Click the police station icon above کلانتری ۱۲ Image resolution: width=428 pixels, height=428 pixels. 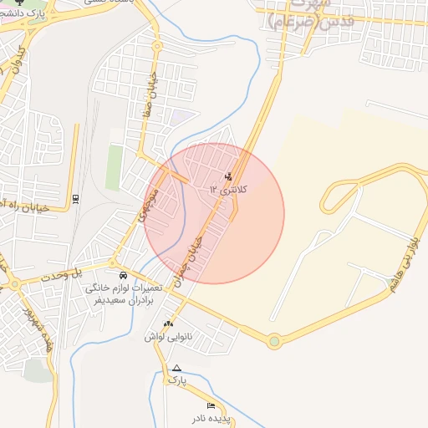(229, 176)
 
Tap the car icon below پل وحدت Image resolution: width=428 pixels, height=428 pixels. (123, 275)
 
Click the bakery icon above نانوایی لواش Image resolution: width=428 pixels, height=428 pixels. (169, 324)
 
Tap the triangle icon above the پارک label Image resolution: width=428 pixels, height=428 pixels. (176, 368)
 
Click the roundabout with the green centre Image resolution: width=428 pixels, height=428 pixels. (274, 340)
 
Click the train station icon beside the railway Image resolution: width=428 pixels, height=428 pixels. (76, 197)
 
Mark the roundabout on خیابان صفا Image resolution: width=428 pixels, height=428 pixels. (156, 46)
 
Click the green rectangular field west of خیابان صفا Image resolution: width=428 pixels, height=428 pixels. (114, 166)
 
